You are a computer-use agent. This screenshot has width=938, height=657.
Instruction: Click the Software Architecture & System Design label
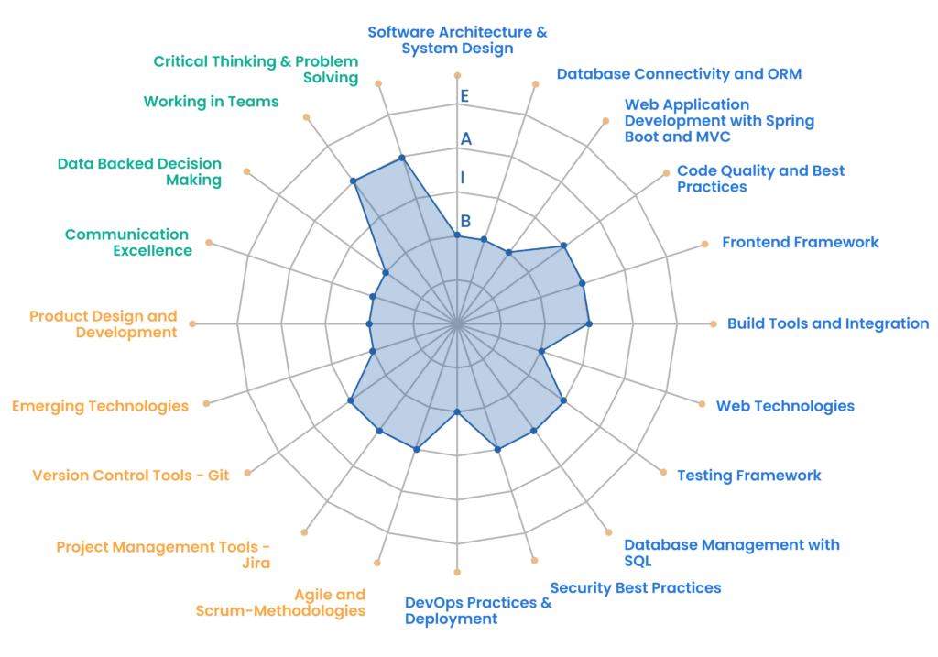tap(457, 39)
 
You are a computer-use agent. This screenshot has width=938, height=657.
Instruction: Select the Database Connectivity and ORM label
tap(679, 73)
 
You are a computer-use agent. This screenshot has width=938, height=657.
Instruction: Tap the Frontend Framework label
tap(800, 242)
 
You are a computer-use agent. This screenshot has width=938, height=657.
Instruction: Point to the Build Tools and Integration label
tap(827, 323)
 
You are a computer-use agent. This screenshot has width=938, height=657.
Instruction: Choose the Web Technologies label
tap(785, 406)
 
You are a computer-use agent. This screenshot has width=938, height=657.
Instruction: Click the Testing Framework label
tap(748, 476)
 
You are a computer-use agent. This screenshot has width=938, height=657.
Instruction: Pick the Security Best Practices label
tap(635, 587)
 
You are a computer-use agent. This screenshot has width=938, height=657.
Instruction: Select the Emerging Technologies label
tap(100, 406)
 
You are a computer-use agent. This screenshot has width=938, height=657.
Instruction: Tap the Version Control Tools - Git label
tap(130, 476)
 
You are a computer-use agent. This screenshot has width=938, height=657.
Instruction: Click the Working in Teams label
tap(211, 102)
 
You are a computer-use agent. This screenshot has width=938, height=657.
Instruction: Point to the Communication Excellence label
tap(127, 243)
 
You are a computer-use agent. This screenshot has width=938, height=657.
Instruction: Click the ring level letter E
tap(465, 95)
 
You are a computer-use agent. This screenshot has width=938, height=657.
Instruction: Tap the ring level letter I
tap(463, 178)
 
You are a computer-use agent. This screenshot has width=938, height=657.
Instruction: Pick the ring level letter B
tap(465, 221)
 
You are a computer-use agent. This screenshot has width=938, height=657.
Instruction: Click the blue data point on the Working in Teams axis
tap(354, 181)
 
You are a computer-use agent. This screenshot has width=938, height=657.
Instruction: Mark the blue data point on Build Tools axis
tap(588, 323)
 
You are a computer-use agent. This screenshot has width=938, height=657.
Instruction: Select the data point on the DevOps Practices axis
tap(457, 412)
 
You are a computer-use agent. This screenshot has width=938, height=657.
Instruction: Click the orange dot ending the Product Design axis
tap(192, 323)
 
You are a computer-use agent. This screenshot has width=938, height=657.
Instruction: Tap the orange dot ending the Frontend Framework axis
tap(705, 244)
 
